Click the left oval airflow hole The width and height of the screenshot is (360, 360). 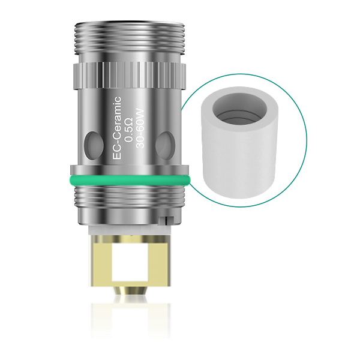click(x=91, y=142)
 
